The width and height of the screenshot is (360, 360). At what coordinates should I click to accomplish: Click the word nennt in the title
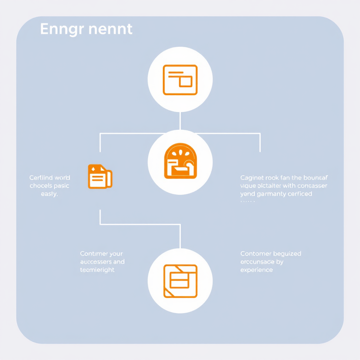pyautogui.click(x=110, y=29)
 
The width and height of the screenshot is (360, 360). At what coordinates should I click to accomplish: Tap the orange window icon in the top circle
pyautogui.click(x=180, y=80)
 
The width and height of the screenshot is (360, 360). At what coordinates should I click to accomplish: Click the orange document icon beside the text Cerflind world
pyautogui.click(x=99, y=176)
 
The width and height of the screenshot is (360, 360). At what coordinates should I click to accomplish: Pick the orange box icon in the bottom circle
pyautogui.click(x=180, y=281)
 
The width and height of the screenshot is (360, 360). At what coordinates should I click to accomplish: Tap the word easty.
pyautogui.click(x=49, y=194)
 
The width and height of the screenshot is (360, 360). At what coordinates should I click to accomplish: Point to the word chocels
pyautogui.click(x=41, y=186)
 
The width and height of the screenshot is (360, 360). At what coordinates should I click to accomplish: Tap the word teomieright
pyautogui.click(x=97, y=270)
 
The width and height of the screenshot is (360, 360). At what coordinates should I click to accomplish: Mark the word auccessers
pyautogui.click(x=96, y=262)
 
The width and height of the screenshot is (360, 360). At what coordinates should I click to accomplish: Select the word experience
pyautogui.click(x=256, y=270)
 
